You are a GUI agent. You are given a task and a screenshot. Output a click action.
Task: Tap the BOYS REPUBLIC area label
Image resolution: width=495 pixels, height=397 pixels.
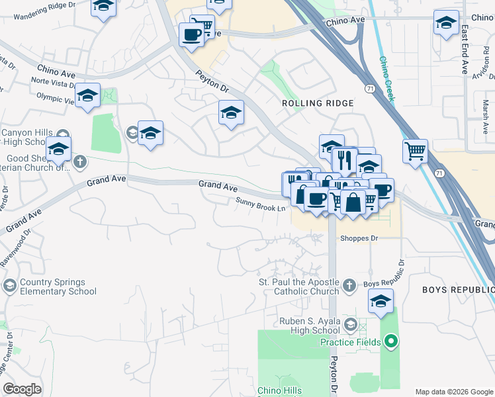click(x=459, y=290)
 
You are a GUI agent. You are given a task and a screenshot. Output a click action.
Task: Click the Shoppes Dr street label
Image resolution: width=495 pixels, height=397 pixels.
click(x=359, y=238)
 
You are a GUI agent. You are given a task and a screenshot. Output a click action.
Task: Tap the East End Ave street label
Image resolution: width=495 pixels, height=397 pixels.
click(x=465, y=50)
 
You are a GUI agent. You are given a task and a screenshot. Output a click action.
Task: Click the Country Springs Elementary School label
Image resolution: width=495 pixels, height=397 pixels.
click(x=58, y=287)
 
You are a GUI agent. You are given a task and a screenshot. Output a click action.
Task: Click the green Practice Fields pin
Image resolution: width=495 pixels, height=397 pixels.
click(x=391, y=342)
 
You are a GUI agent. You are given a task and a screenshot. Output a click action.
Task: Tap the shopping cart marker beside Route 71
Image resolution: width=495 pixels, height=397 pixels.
click(x=415, y=151)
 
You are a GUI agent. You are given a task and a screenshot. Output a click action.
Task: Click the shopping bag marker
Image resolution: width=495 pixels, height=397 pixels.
click(x=354, y=202)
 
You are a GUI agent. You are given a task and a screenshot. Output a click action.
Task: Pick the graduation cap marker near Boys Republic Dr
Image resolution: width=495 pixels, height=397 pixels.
click(x=381, y=302)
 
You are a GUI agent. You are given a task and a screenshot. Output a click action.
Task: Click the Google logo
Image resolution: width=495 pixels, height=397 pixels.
click(x=22, y=389)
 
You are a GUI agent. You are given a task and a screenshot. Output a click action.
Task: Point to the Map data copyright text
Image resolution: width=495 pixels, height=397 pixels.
click(x=454, y=391)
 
